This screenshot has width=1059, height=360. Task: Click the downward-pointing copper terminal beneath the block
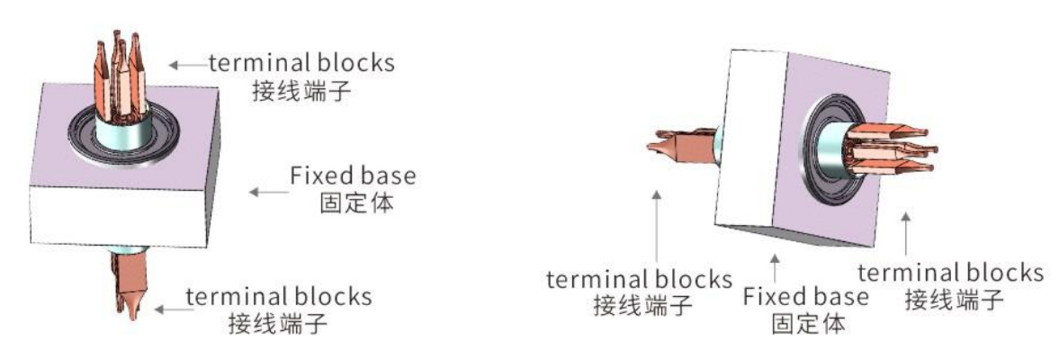tap(130, 283)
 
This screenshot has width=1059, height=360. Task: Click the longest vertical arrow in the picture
tap(657, 226)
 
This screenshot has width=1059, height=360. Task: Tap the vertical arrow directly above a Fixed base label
tap(774, 268)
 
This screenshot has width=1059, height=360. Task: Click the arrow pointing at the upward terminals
tap(189, 65)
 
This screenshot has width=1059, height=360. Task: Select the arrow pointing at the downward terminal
tap(174, 310)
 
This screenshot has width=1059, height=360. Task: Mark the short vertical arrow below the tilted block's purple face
tap(906, 234)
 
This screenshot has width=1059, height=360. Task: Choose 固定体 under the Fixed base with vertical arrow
tap(809, 324)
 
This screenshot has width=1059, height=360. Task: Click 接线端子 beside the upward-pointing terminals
tap(301, 91)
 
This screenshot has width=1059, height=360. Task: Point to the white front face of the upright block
tap(118, 215)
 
